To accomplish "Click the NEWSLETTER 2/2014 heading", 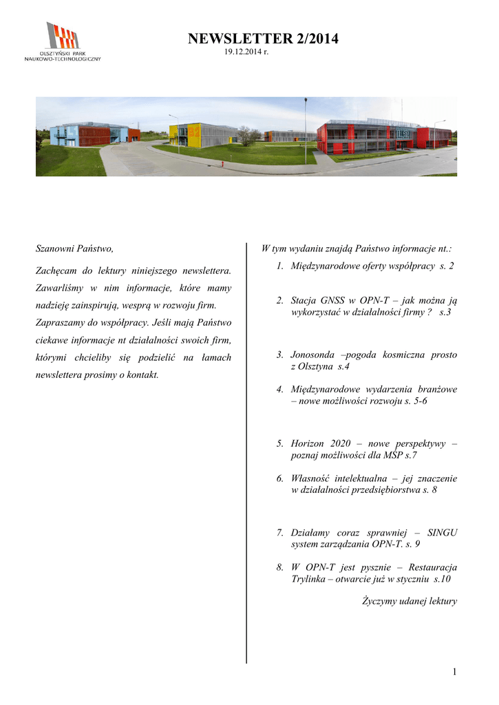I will (x=263, y=39).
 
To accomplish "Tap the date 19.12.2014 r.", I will (x=246, y=53).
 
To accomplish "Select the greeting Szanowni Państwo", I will (x=74, y=248).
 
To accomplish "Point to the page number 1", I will (x=454, y=672).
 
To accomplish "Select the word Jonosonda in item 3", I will (x=313, y=355).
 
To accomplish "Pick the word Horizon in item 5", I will (x=308, y=444).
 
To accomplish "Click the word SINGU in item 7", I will (x=443, y=532).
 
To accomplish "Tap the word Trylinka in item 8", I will (x=310, y=579).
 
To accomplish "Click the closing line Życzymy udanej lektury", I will (x=410, y=601).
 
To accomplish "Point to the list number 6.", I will (x=280, y=478).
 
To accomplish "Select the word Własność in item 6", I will (x=313, y=478).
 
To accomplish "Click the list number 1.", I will (x=280, y=266).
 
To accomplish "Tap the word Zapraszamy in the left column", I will (x=62, y=322).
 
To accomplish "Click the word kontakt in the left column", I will (x=142, y=375).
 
